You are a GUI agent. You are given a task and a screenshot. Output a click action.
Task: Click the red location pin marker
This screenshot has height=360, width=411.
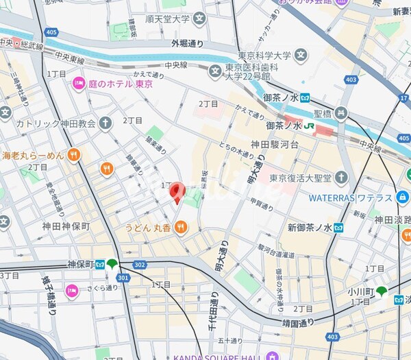(x=177, y=192)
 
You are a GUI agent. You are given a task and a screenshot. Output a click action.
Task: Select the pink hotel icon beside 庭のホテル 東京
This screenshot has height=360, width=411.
(x=79, y=84)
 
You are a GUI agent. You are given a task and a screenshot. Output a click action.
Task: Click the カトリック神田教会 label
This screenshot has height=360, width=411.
(x=55, y=124)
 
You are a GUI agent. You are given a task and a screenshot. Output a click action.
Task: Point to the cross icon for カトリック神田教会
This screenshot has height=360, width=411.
(x=105, y=123)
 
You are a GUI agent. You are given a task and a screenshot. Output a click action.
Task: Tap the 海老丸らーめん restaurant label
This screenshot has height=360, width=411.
(x=33, y=155)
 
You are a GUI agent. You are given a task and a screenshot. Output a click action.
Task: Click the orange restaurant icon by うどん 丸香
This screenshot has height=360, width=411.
(x=181, y=226)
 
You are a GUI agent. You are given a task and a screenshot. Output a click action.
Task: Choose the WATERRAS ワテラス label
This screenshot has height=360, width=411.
(x=350, y=197)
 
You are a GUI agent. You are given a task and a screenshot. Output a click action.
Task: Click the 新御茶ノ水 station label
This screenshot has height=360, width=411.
(x=310, y=228)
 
